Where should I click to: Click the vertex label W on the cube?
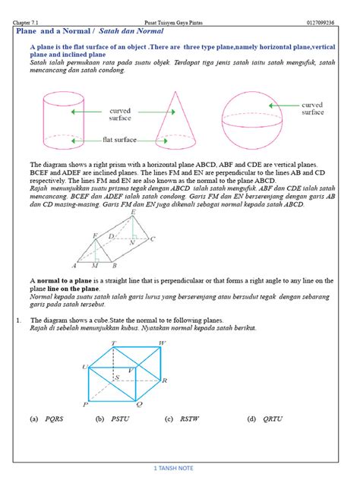(161, 343)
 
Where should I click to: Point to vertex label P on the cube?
(85, 405)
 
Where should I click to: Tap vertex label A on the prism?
(74, 267)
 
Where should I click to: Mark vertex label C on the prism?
(153, 238)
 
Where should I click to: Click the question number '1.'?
(18, 321)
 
